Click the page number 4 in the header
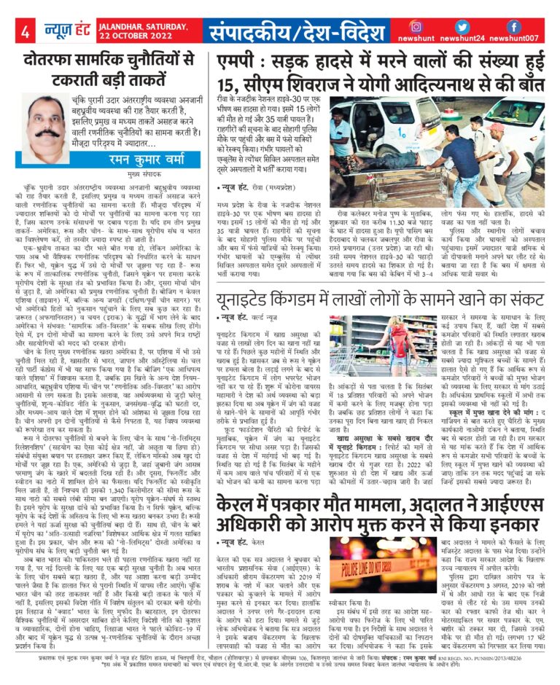26,31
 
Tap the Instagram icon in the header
415,26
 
